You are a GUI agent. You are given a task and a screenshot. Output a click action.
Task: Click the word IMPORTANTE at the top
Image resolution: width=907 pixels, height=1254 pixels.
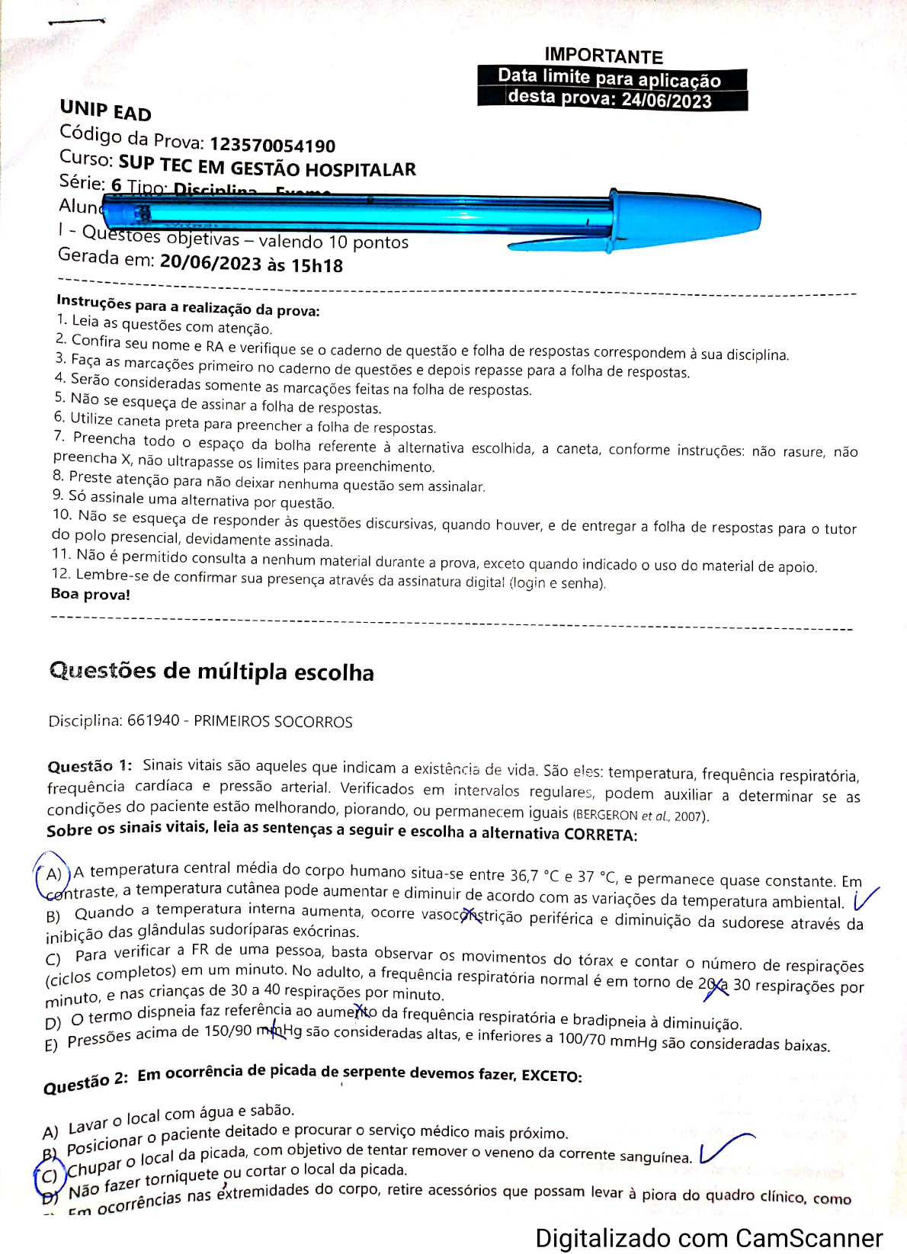coord(604,56)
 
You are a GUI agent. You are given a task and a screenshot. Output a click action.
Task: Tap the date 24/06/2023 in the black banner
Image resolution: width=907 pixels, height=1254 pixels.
coord(666,101)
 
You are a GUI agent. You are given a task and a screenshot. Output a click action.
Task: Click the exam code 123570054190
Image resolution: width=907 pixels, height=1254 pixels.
coord(272,145)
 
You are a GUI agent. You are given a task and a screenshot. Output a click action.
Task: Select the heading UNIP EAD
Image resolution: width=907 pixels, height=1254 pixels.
coord(106,111)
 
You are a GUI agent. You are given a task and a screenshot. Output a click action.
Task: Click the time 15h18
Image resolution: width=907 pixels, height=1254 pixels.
coord(317,266)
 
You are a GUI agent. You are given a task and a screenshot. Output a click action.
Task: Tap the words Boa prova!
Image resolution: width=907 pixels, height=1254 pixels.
coord(91,594)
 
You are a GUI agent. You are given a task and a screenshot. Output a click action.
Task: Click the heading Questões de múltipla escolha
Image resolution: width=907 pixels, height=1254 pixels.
coord(212,671)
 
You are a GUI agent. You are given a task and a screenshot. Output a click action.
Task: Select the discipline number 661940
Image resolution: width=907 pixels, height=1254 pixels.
coord(153,720)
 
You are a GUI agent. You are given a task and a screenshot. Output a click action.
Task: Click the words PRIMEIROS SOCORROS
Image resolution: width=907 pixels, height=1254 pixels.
coord(273,722)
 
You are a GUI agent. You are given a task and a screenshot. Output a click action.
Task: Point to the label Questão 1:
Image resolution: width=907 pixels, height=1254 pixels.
coord(89,766)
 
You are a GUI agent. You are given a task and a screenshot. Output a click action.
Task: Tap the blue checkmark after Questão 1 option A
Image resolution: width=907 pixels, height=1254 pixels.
coord(865,899)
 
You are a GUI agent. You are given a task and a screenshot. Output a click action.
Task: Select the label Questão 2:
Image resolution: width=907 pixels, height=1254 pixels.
coord(85,1083)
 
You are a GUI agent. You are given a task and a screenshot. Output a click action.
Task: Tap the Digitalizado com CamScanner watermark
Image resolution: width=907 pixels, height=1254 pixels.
coord(709,1238)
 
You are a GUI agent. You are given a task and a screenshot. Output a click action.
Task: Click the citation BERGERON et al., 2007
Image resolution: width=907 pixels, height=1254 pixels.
coord(640,815)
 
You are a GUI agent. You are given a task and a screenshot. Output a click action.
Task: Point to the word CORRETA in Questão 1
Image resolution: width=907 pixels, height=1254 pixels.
coord(599,834)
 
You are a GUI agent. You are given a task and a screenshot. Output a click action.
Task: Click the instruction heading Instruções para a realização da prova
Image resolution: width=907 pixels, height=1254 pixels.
coord(187,306)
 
